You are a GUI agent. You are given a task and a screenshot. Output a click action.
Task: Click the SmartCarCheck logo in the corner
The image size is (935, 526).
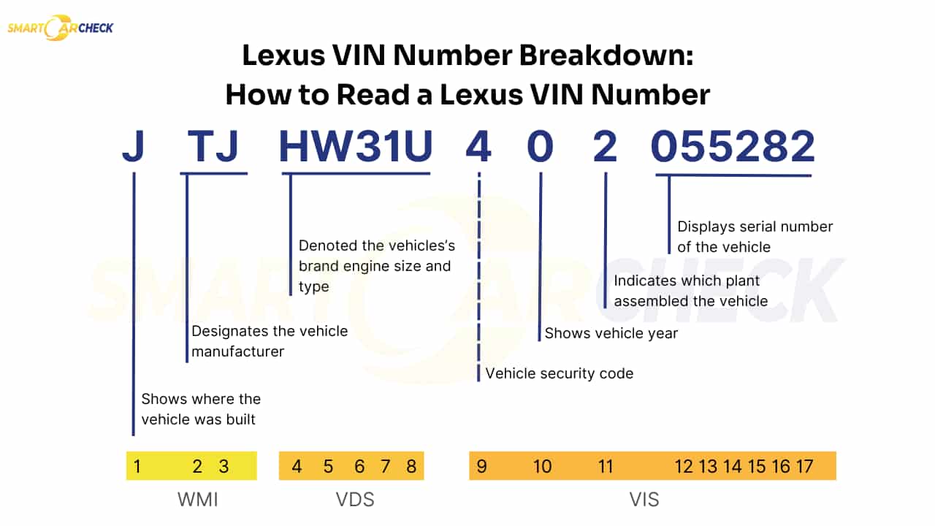tap(60, 28)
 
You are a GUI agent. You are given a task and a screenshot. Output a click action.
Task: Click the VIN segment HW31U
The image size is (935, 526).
tap(356, 147)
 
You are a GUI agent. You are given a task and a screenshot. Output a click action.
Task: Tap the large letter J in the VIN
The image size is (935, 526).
tap(133, 147)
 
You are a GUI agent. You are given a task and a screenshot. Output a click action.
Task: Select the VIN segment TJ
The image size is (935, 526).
tap(213, 147)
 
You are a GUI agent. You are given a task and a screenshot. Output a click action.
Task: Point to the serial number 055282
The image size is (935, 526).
tap(733, 147)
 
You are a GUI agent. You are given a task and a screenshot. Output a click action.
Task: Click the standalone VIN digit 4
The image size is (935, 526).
tap(478, 147)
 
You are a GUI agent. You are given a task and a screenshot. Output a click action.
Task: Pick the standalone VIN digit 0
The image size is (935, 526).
tap(541, 147)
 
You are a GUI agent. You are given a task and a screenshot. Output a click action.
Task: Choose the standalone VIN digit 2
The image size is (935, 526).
tap(605, 147)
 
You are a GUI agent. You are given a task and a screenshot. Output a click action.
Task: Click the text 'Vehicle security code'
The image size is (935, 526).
tap(560, 373)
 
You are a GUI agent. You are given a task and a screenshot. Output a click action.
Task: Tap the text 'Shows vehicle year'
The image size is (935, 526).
tap(611, 333)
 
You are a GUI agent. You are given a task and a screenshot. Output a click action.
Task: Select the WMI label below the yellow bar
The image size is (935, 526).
tap(198, 500)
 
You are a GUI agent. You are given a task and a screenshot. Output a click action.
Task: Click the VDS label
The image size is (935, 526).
tap(354, 500)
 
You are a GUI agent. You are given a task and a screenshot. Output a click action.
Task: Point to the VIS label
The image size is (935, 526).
tap(644, 500)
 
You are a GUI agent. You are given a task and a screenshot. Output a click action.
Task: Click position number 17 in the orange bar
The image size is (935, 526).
tap(804, 466)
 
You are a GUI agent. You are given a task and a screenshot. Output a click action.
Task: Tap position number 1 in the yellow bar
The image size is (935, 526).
tap(137, 466)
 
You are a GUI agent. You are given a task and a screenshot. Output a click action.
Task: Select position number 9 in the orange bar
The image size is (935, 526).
tap(481, 466)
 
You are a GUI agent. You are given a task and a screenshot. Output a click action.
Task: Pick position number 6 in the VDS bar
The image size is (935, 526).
tap(359, 466)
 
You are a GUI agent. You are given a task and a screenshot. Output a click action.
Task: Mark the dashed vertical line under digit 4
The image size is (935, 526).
tap(478, 278)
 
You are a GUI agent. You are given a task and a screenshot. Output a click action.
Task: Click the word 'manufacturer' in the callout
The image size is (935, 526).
tap(237, 351)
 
